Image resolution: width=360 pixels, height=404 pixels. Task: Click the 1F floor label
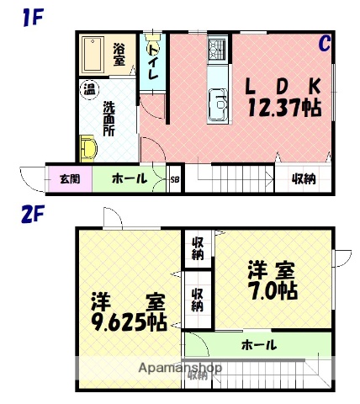point(33,15)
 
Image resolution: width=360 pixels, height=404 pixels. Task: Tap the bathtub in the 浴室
point(93,54)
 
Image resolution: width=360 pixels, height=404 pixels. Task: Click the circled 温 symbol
point(87,88)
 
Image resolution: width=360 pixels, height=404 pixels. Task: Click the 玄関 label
point(69,179)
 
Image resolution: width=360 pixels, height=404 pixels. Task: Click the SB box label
point(175,179)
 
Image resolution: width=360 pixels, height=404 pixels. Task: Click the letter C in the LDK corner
point(324,44)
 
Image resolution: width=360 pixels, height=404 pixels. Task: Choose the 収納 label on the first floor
point(304,179)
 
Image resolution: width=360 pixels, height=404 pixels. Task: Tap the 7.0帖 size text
point(271,291)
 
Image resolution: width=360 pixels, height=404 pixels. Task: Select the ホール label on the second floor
point(258,345)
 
